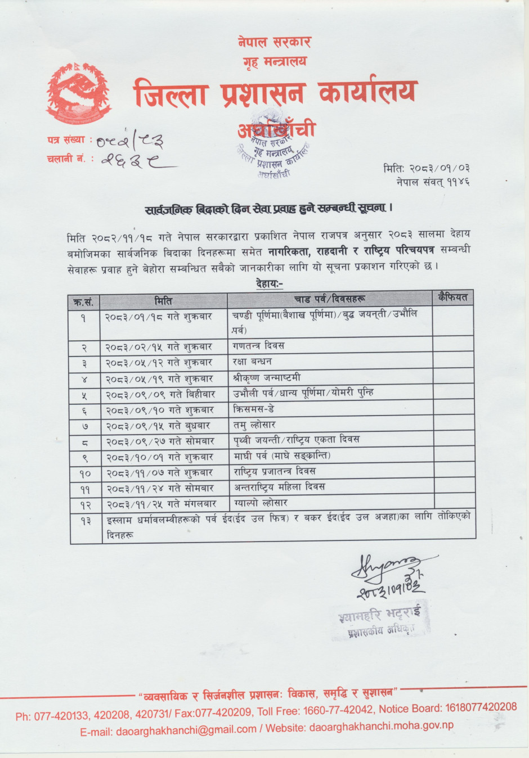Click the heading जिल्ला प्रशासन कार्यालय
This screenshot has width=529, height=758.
tap(275, 93)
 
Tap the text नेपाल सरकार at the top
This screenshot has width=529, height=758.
tap(274, 42)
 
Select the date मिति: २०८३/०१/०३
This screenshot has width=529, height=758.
tap(426, 168)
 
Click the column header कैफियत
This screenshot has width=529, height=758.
tap(453, 297)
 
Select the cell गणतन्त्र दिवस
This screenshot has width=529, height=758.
tap(259, 345)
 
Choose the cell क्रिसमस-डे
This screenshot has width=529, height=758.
tap(254, 409)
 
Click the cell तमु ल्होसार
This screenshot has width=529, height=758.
tap(254, 425)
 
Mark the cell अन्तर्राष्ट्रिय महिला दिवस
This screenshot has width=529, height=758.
tap(279, 487)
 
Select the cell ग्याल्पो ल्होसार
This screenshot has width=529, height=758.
tap(261, 503)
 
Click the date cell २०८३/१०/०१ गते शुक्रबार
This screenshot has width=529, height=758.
tap(159, 457)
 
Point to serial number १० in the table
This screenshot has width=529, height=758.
tap(84, 473)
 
